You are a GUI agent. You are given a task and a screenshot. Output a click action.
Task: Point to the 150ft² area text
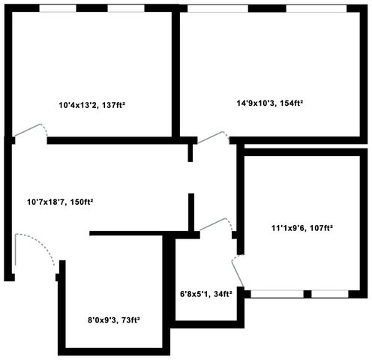(x=81, y=202)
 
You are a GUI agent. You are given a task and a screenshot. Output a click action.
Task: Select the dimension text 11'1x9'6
(x=288, y=228)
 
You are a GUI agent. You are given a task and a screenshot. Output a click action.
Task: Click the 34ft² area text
(x=222, y=294)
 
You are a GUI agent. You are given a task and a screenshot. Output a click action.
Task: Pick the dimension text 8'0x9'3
(x=103, y=320)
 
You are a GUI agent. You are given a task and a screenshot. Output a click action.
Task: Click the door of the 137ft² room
(x=31, y=130)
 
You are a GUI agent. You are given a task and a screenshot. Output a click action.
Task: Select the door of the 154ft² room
(x=213, y=137)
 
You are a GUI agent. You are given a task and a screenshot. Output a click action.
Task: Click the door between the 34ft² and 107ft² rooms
(x=238, y=271)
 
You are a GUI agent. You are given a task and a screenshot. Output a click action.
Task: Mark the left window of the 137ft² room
(x=58, y=8)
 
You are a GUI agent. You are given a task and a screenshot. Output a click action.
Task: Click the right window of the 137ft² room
(x=126, y=8)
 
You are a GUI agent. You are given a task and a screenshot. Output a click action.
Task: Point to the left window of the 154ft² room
(x=217, y=8)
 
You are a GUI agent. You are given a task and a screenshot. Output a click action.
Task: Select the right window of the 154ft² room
(x=316, y=8)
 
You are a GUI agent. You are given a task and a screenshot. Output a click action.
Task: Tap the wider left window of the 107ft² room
(x=277, y=294)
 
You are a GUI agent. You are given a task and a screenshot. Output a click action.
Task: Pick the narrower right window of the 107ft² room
(x=330, y=294)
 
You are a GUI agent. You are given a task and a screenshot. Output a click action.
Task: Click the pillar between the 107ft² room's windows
(x=307, y=294)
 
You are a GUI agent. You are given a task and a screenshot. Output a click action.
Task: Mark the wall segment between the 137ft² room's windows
(x=91, y=8)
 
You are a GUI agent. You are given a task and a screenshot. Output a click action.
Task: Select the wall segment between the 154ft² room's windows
(x=267, y=8)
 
